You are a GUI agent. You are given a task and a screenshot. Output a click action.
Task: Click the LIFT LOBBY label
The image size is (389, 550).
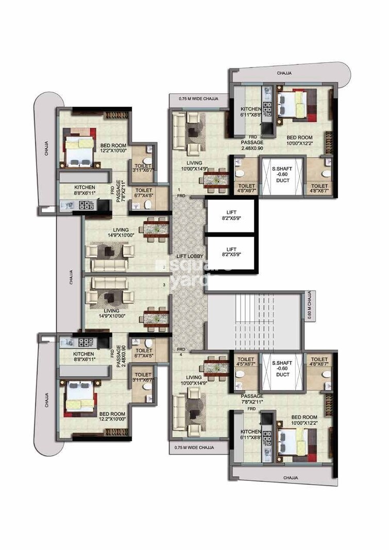point(189,256)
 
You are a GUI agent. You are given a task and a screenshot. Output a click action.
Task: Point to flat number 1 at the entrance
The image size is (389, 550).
point(179,190)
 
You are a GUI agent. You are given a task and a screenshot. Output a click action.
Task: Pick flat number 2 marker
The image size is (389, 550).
point(164,268)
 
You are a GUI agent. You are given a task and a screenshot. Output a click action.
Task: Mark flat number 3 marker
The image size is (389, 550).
point(164,284)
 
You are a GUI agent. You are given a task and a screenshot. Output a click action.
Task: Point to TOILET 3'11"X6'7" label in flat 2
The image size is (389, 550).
point(143,166)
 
